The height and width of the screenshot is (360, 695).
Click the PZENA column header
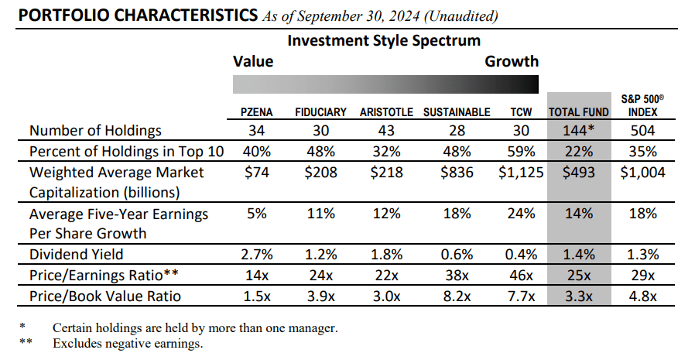[x=255, y=112]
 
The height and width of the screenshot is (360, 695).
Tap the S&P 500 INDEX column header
[x=642, y=105]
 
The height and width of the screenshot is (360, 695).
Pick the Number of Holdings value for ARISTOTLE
[x=386, y=130]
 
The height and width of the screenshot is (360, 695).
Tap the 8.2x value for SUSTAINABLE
[x=457, y=296]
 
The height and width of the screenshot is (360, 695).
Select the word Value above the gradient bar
[x=253, y=61]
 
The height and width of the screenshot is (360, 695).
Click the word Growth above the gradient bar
[x=512, y=61]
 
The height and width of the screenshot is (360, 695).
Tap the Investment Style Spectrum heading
[x=384, y=40]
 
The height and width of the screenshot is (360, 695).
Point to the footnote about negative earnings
[x=128, y=343]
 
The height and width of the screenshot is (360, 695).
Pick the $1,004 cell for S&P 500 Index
[x=642, y=172]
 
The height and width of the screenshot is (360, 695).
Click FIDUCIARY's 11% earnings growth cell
[x=320, y=214]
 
